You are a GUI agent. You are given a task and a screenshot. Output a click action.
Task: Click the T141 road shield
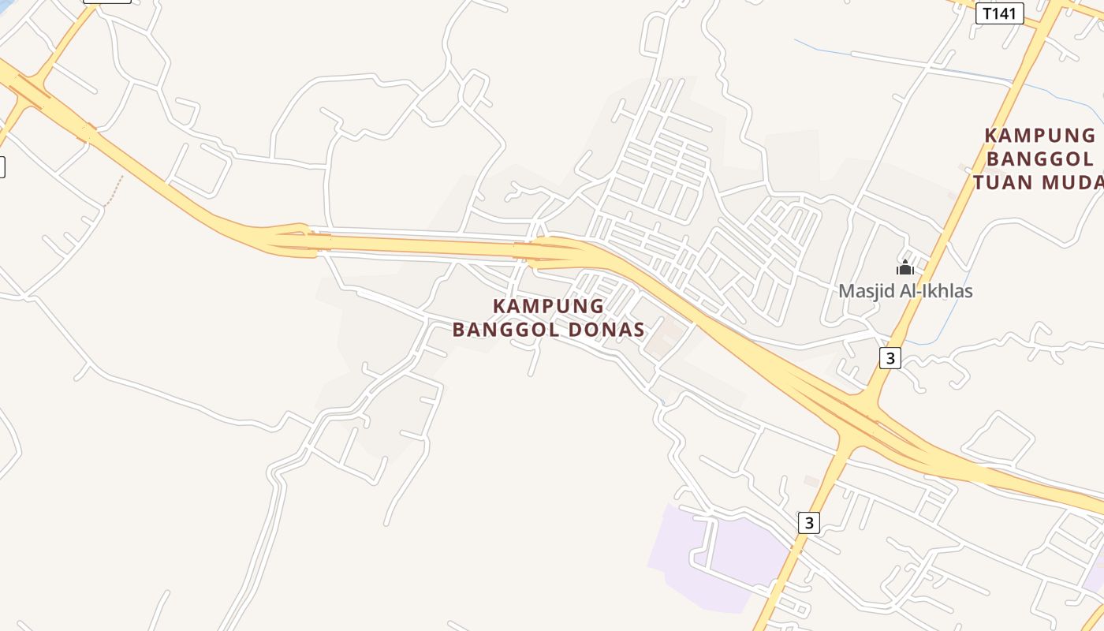(x=999, y=13)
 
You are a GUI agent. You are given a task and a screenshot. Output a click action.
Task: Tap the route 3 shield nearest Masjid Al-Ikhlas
(x=890, y=358)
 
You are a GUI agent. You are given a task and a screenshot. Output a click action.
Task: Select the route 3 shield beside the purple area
(x=809, y=522)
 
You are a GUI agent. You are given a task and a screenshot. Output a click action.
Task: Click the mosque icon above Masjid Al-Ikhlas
(x=905, y=268)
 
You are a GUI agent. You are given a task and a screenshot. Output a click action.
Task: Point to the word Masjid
(x=867, y=291)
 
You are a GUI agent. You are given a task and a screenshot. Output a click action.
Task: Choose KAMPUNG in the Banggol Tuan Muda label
(x=1040, y=136)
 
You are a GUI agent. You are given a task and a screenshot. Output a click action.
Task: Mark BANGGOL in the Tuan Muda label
(x=1040, y=159)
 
